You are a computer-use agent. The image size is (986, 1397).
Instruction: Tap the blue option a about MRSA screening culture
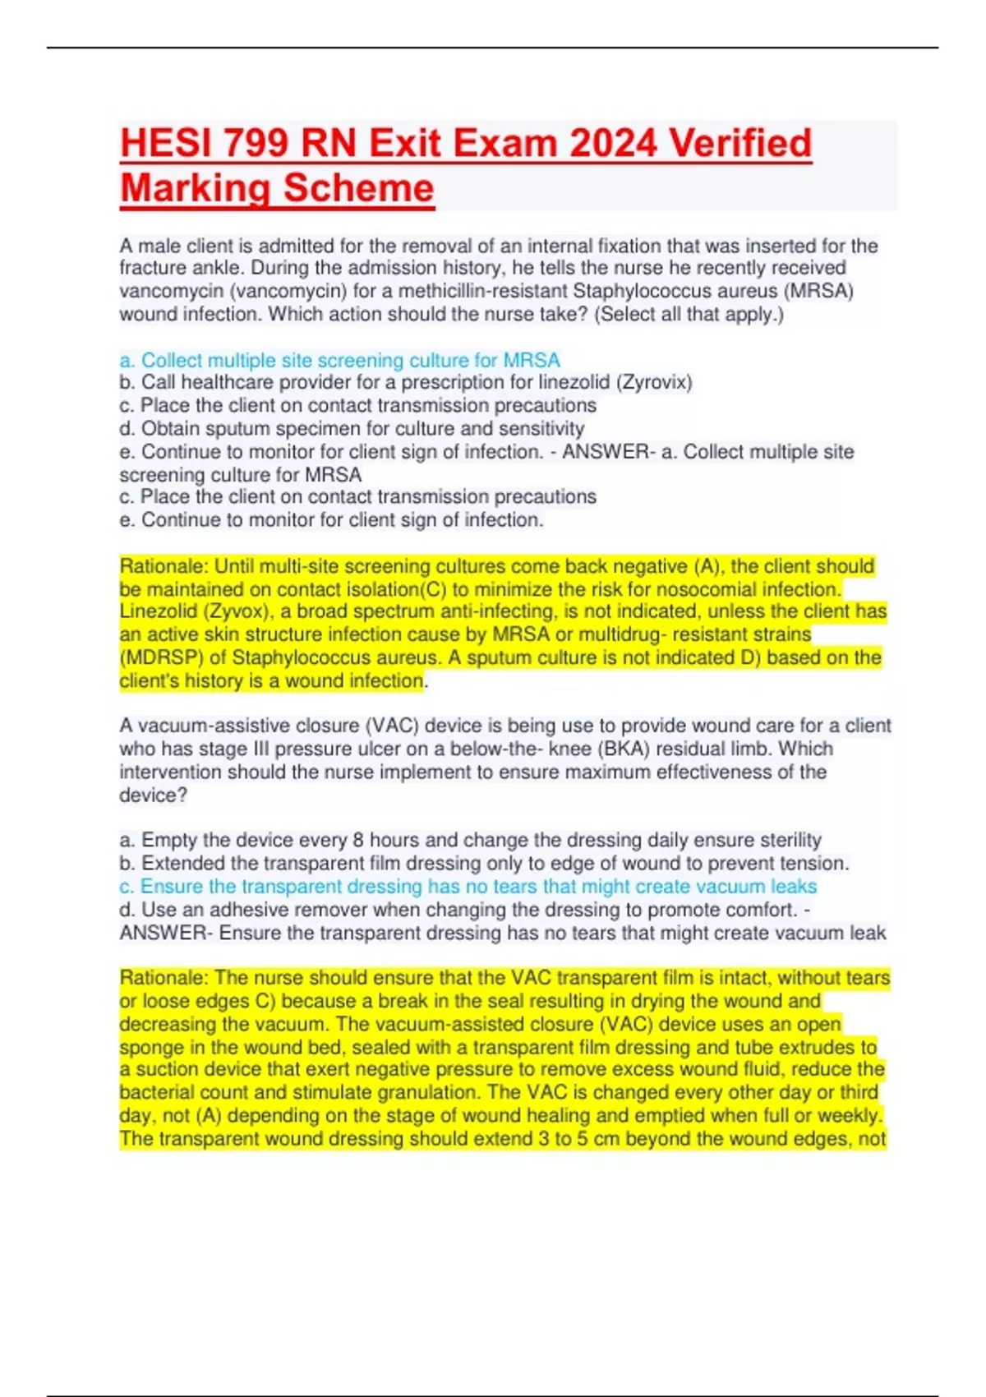pos(339,360)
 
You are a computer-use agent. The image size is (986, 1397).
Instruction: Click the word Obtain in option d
pos(171,428)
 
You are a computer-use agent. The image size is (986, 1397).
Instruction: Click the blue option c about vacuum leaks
pos(468,886)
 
